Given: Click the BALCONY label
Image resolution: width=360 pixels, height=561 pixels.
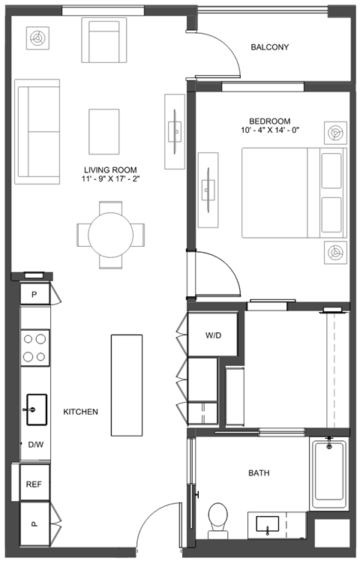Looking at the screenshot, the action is point(269,46).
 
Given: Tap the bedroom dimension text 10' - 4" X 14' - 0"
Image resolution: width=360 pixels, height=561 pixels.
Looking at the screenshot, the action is point(270,130).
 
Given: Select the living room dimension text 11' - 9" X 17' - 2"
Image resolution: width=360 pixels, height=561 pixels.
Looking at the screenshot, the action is point(110,179).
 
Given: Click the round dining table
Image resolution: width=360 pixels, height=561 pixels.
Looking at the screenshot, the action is point(110,235).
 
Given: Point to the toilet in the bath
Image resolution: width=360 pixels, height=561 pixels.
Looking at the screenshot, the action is point(218,521).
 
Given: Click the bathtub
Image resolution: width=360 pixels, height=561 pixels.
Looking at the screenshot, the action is point(329,474).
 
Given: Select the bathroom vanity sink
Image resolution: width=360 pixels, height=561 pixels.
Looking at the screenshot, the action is point(268,525).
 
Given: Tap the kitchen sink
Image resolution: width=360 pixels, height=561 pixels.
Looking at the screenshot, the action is point(37,409).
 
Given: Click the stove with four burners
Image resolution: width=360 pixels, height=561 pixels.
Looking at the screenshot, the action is point(34,347).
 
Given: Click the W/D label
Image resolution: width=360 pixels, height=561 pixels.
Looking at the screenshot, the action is point(213,335).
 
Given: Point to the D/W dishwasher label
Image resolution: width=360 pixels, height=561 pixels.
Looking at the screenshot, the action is point(36,445).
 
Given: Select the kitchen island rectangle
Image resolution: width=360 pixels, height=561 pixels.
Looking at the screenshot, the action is point(127,385).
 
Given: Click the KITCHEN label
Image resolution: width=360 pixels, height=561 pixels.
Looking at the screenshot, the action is point(80,412).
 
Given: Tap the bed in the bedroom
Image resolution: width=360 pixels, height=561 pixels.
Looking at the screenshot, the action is point(294,193).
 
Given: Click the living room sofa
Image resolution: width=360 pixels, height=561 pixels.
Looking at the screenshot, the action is point(37,132).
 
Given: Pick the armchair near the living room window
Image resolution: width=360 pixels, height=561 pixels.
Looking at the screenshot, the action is point(104,40).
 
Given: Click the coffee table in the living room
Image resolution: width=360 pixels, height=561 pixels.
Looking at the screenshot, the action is point(104,132).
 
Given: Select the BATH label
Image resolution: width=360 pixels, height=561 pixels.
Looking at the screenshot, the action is point(259,473).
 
